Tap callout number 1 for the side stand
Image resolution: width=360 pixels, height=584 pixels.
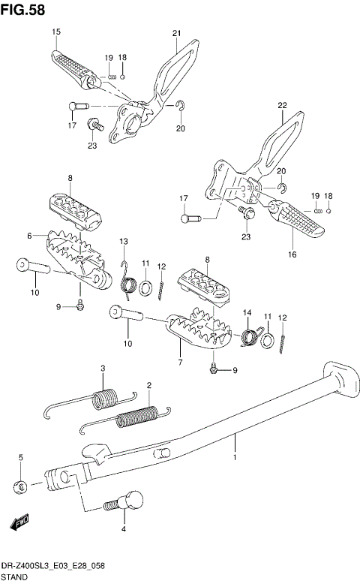pos(235,457)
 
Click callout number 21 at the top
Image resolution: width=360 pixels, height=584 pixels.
pos(177,33)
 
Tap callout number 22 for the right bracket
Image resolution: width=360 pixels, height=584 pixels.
pos(282,105)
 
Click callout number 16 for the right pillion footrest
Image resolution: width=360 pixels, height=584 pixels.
pos(292,254)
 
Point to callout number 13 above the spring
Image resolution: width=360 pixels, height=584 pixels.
pos(124,240)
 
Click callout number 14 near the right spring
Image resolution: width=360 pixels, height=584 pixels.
pos(245,312)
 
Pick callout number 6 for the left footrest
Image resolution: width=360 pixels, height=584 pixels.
pos(31,236)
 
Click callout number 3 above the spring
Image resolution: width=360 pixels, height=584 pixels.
pos(103,367)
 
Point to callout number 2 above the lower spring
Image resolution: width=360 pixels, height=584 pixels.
pos(148,385)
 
